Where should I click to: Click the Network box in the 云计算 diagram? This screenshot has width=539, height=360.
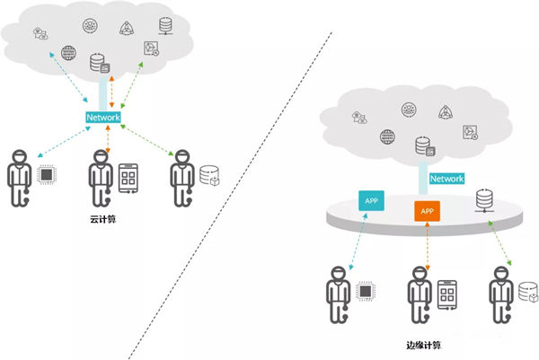103,119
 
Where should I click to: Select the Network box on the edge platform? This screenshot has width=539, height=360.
446,179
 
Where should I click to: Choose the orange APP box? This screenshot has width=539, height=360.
427,212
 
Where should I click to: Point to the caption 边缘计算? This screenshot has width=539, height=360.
424,342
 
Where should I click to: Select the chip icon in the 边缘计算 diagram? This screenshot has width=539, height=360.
366,291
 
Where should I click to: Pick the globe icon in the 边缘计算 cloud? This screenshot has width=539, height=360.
388,137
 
